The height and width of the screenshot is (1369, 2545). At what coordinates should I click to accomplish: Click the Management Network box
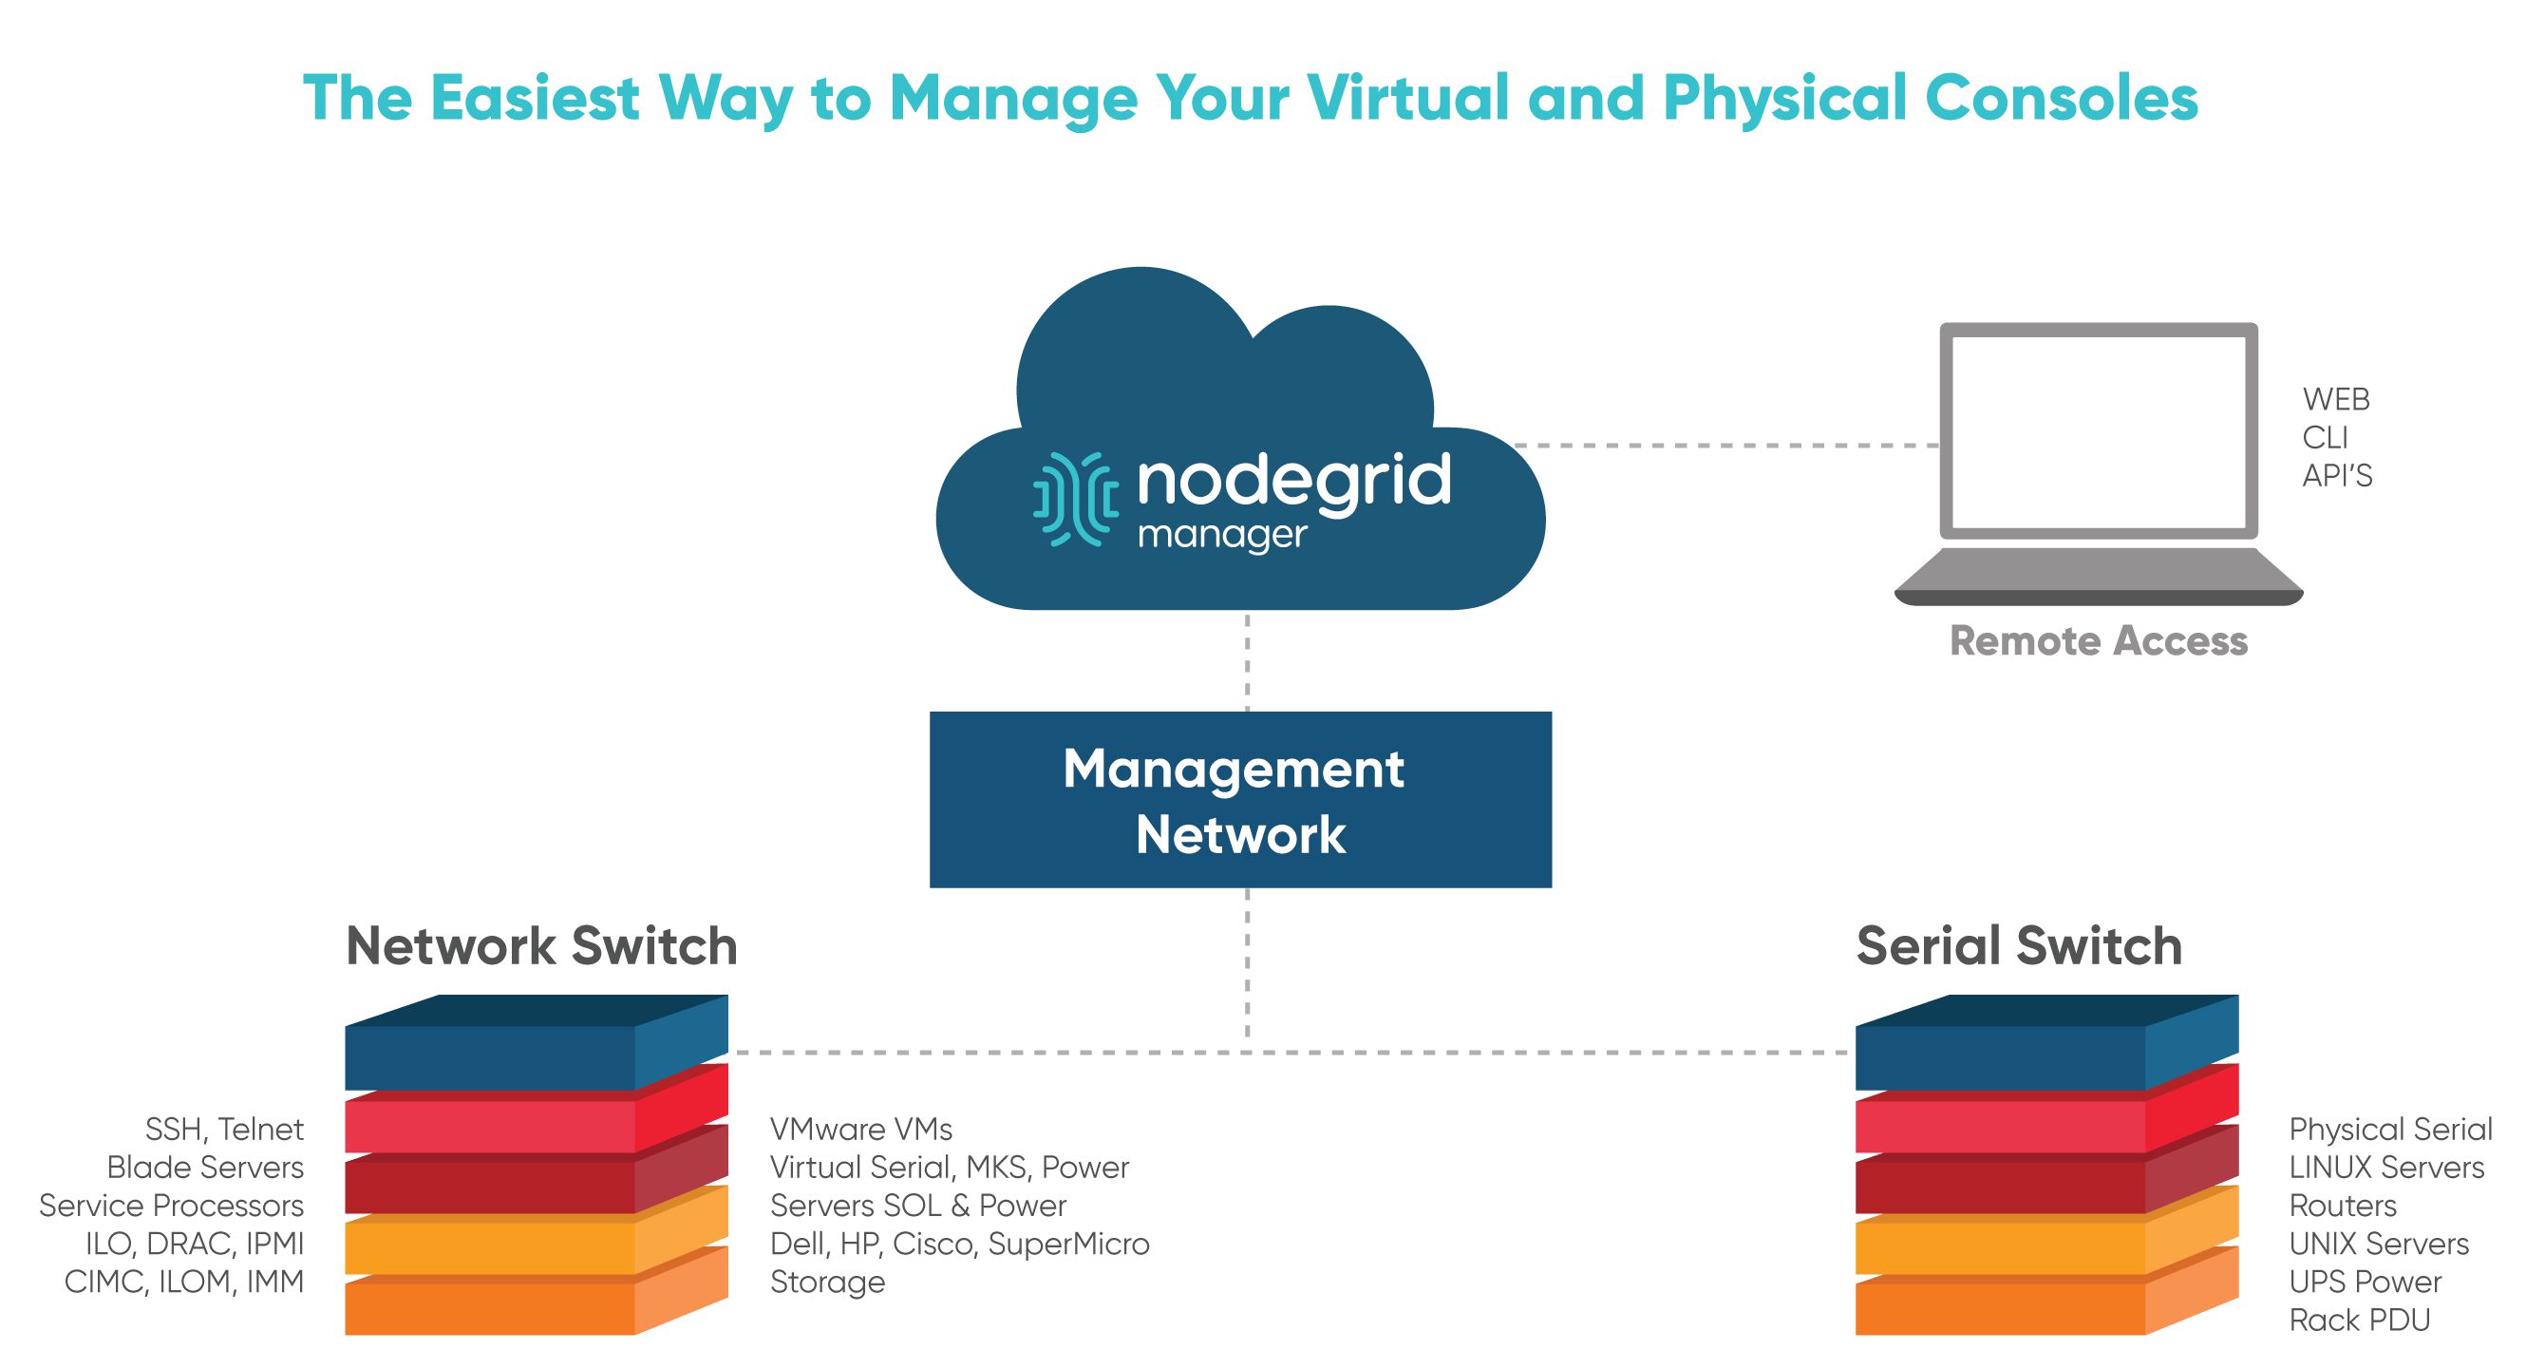pos(1240,800)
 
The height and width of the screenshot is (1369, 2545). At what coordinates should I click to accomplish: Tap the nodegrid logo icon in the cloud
pos(1075,499)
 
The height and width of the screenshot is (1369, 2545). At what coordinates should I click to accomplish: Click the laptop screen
pos(2099,432)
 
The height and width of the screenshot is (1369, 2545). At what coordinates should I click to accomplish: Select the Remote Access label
pos(2099,641)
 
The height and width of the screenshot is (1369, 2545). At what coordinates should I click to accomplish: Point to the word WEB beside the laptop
pos(2335,399)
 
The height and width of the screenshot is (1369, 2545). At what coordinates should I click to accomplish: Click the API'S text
pos(2336,476)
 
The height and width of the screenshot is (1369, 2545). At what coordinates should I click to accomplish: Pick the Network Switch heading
pos(541,946)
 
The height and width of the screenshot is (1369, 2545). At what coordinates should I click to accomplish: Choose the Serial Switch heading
pos(2018,946)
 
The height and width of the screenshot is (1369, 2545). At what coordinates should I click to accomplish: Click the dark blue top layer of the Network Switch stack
pos(489,1056)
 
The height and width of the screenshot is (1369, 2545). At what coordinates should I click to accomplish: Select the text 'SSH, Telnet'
pos(224,1129)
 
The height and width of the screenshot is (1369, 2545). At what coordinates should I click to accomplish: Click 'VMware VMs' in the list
pos(860,1129)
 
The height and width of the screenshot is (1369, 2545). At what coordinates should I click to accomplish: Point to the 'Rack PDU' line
pos(2359,1320)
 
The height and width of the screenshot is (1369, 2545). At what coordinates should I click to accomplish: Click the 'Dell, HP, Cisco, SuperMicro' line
pos(959,1244)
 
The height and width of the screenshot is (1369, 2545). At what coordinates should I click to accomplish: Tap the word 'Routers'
pos(2343,1206)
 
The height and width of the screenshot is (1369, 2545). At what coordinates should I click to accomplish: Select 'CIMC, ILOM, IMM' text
pos(184,1282)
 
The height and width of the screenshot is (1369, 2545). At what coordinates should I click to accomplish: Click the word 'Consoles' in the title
pos(2061,99)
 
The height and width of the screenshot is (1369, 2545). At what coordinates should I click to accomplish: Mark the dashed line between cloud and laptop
pos(1726,446)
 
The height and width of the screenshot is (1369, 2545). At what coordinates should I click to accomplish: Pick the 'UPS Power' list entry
pos(2366,1282)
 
